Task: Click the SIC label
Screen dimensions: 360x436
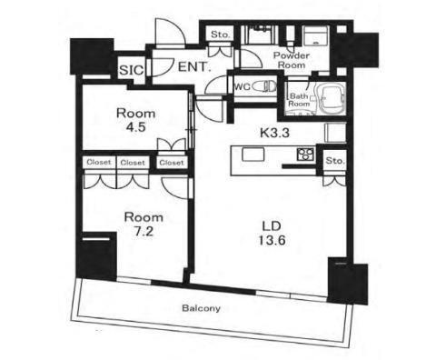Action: [x=129, y=68]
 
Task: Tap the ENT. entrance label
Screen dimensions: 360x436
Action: [x=193, y=66]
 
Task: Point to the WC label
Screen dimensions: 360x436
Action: [x=242, y=87]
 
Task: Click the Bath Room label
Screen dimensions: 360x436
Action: [x=299, y=99]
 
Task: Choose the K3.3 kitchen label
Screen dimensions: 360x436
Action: [x=274, y=132]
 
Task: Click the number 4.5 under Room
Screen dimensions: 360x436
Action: [x=135, y=128]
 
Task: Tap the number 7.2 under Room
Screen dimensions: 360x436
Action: [x=144, y=233]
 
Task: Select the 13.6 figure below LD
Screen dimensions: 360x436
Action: [x=268, y=242]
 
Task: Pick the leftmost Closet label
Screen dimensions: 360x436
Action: [x=98, y=163]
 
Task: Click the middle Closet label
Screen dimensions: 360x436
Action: [x=134, y=163]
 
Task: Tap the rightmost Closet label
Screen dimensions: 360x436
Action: [x=170, y=163]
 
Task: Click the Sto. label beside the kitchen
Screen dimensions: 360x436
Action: [x=334, y=162]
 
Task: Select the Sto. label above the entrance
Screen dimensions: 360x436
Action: [x=220, y=35]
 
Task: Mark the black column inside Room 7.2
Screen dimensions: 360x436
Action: [x=97, y=257]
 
